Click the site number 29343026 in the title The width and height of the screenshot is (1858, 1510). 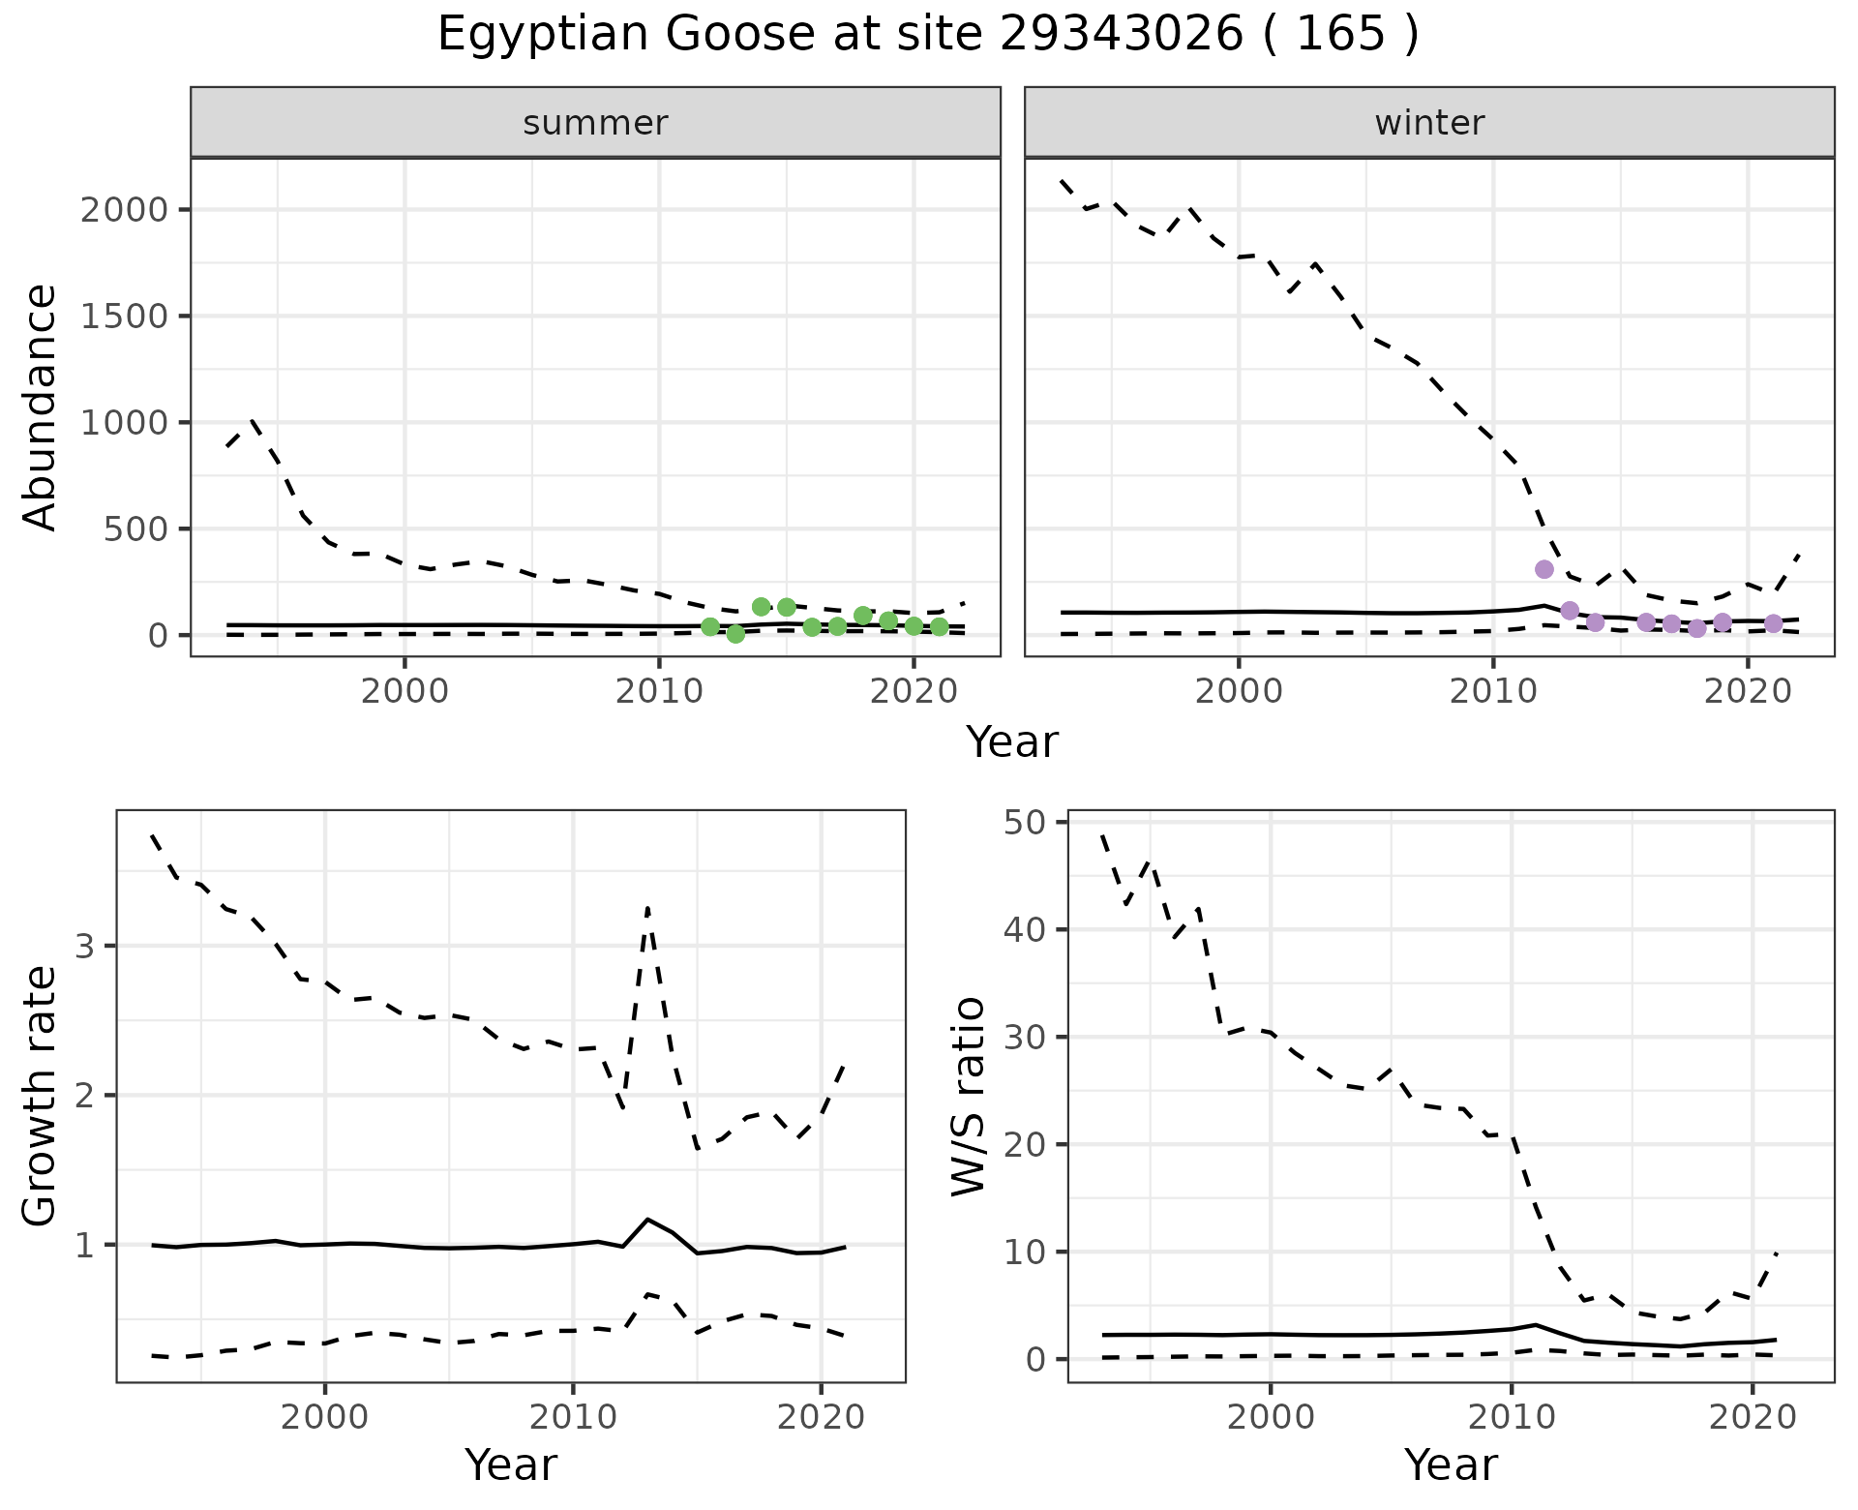coord(1120,35)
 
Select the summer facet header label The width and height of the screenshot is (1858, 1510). coord(595,123)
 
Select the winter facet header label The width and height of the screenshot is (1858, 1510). coord(1429,123)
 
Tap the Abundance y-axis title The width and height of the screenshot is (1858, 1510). coord(41,407)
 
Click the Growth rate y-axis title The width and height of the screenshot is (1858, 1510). coord(41,1096)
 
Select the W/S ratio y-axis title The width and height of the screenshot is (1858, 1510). coord(968,1096)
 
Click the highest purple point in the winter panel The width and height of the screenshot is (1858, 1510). coord(1543,569)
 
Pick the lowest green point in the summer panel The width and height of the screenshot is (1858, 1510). coord(735,634)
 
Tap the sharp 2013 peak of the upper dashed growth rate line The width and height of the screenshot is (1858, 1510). coord(647,908)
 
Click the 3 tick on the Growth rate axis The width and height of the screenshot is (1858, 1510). coord(84,947)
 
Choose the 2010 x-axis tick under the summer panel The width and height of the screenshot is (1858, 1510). coord(659,692)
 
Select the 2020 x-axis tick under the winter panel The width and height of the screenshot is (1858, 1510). coord(1747,692)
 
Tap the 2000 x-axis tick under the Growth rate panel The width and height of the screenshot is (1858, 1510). coord(324,1418)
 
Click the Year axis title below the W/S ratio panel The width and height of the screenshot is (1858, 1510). coord(1451,1465)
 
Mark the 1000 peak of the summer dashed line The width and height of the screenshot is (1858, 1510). coord(253,421)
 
